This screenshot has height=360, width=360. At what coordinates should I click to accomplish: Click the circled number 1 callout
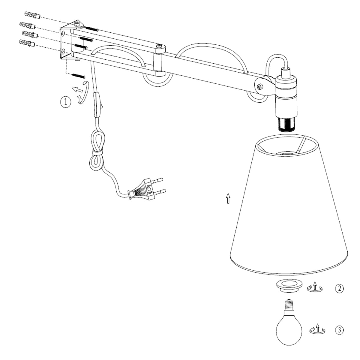pos(65,102)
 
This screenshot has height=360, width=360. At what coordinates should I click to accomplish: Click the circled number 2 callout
pos(339,289)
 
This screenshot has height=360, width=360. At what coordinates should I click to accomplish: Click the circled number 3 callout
pos(339,330)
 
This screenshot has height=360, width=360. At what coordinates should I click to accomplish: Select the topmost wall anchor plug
pos(31,15)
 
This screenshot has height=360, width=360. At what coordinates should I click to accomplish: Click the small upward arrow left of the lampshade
pos(228,198)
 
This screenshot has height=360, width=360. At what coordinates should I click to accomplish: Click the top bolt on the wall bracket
pos(78,23)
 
